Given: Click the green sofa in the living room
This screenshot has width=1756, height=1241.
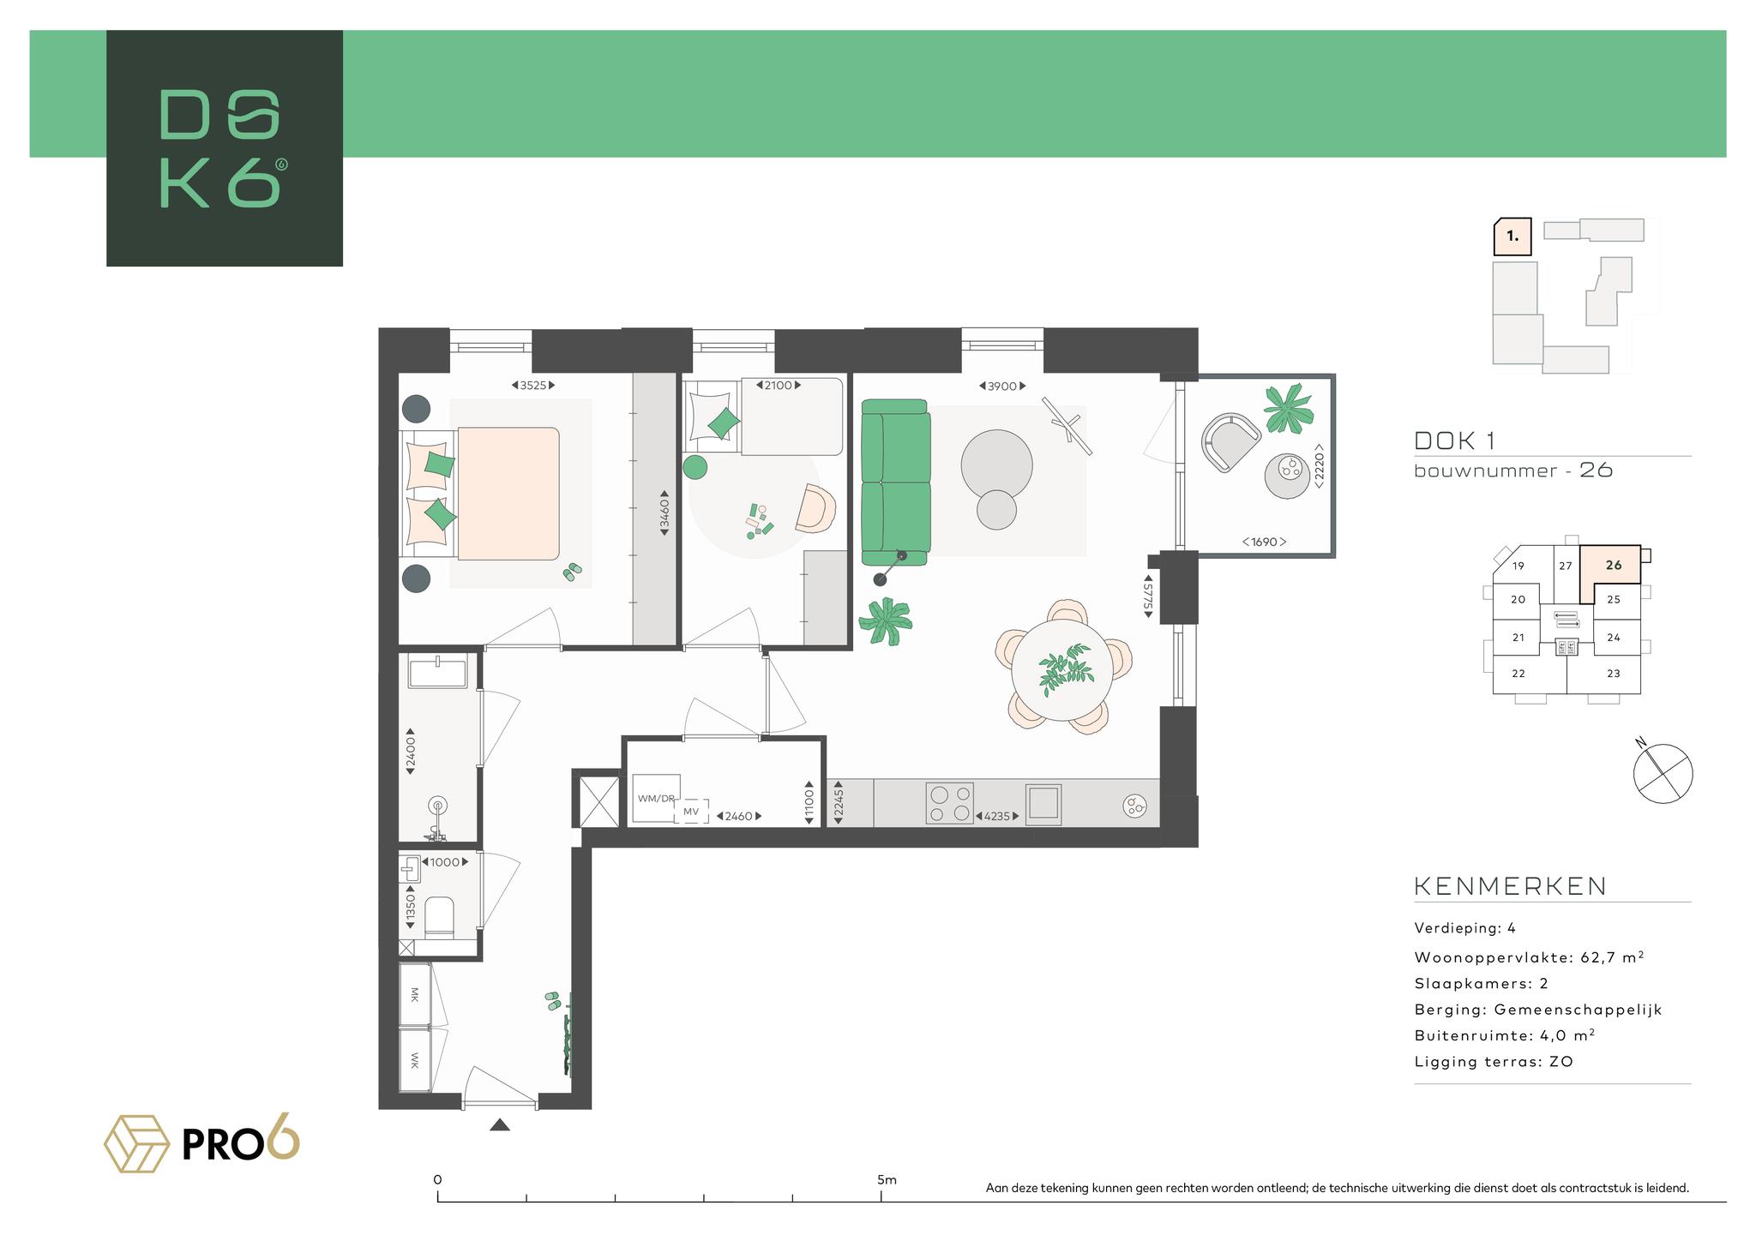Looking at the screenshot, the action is click(x=896, y=482).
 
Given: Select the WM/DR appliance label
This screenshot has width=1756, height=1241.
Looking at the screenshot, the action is click(x=656, y=798).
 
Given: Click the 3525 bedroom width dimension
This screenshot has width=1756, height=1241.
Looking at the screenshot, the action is click(x=532, y=386).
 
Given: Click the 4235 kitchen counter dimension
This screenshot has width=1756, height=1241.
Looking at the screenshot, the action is click(x=995, y=816).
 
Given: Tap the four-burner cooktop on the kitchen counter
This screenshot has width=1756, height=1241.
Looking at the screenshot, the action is click(x=949, y=804).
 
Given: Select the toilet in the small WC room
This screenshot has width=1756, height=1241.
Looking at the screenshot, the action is click(x=439, y=915).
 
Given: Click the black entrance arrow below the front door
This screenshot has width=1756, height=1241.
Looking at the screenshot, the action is click(x=500, y=1124).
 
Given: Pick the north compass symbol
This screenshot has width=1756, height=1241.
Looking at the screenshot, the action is click(x=1663, y=773).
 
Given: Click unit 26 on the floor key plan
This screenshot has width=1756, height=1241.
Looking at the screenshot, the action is click(x=1614, y=565).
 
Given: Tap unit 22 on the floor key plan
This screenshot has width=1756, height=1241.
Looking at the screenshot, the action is click(x=1518, y=673).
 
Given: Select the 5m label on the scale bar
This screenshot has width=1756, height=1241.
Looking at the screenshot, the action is click(x=887, y=1179).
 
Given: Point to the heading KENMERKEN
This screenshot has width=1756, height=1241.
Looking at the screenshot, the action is click(x=1510, y=886).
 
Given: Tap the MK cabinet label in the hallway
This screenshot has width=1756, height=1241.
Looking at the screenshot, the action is click(x=415, y=994).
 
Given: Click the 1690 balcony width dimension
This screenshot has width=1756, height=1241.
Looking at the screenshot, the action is click(x=1265, y=542).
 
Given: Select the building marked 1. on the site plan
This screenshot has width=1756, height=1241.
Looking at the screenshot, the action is click(x=1513, y=237).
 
